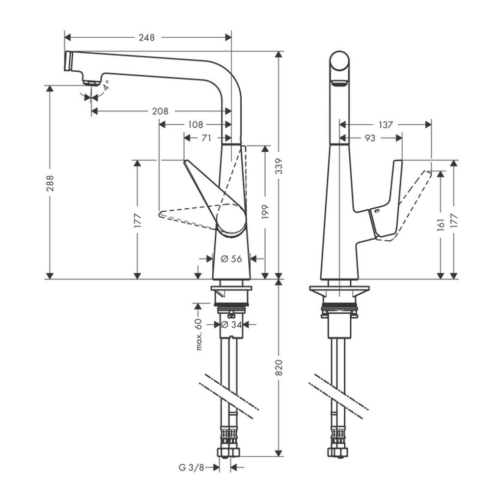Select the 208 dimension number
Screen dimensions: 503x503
[160, 112]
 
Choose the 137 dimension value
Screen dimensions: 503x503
[386, 125]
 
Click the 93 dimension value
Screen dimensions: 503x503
[370, 138]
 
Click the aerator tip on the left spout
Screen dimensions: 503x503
[89, 83]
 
